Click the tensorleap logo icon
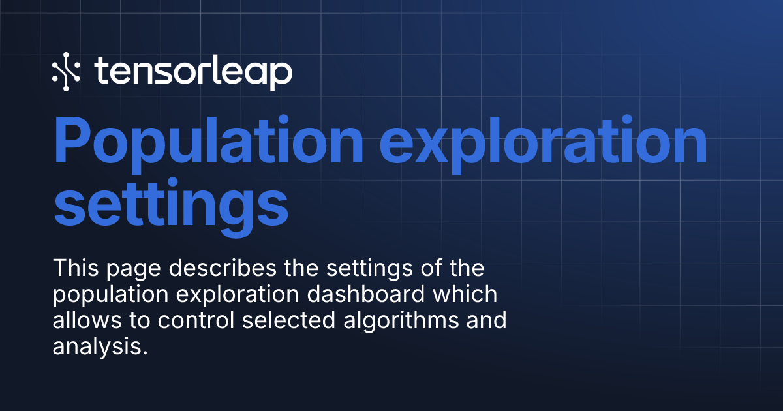[66, 71]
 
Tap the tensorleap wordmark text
[193, 72]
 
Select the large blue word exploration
[543, 142]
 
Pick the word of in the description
[429, 268]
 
